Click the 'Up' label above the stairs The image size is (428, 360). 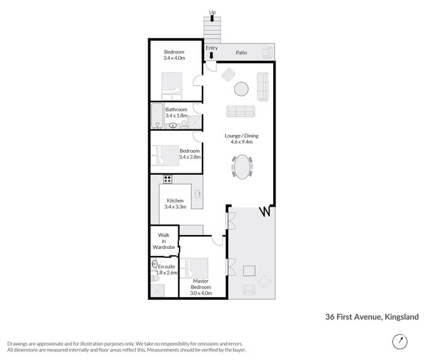(x=212, y=12)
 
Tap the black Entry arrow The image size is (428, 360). (x=211, y=56)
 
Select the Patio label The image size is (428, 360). (x=243, y=52)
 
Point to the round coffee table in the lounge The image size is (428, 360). (x=241, y=89)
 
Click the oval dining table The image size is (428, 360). (x=242, y=166)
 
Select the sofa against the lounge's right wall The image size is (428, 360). (x=263, y=86)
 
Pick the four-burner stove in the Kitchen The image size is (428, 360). (x=167, y=178)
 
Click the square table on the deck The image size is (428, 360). (x=249, y=271)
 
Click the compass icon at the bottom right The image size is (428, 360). (x=399, y=341)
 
